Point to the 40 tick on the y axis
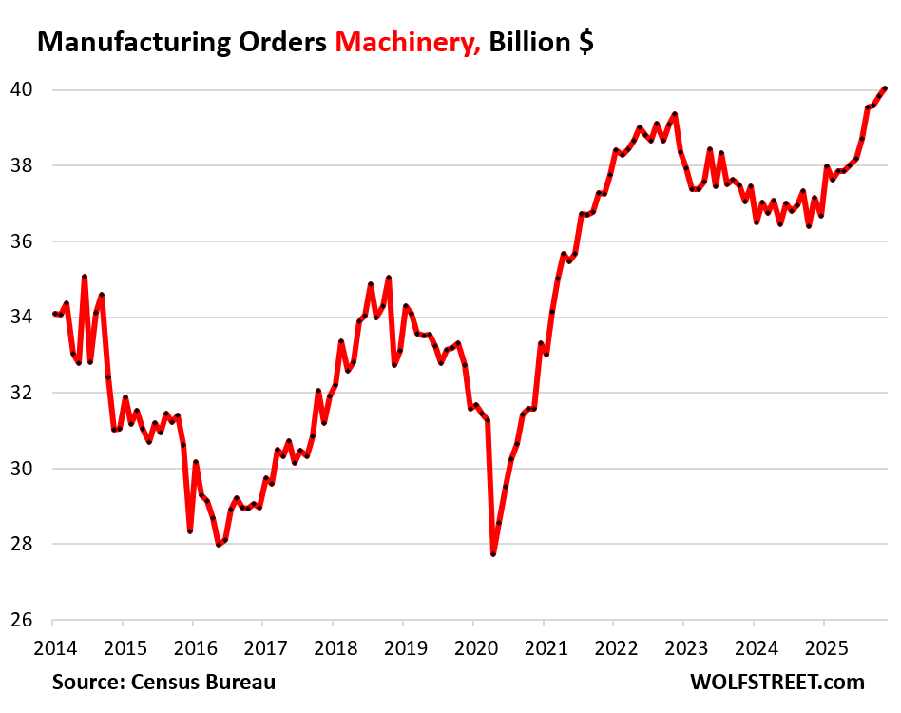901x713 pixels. point(22,90)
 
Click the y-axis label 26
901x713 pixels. point(22,620)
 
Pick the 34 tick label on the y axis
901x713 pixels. point(22,318)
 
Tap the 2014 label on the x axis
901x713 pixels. point(55,649)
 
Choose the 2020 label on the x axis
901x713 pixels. point(473,649)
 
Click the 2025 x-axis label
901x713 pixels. point(823,649)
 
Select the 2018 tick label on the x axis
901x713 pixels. point(334,649)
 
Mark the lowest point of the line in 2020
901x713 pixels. point(493,553)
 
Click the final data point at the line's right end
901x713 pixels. point(885,88)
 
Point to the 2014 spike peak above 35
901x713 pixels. point(85,277)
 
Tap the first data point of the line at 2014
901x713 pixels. point(55,314)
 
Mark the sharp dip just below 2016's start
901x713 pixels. point(190,531)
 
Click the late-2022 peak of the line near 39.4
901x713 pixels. point(674,114)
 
